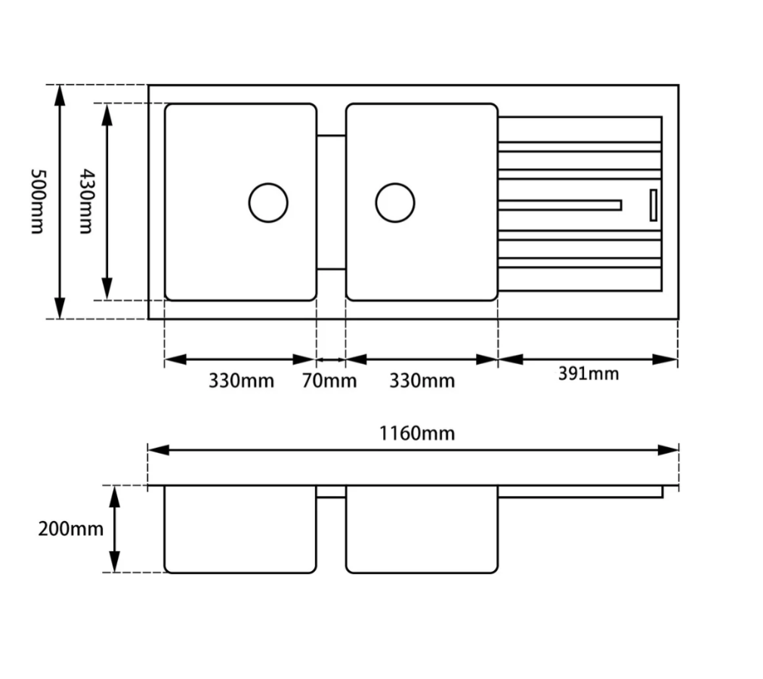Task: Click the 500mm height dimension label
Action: point(38,202)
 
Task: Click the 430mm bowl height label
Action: point(85,202)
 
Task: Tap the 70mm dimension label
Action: point(329,381)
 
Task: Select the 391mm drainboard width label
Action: point(588,374)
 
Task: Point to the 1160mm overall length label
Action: point(417,433)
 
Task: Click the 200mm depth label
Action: point(70,529)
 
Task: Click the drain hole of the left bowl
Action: point(268,203)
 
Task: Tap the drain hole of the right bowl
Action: point(395,203)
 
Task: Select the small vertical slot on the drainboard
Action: point(653,205)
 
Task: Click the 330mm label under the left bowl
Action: point(241,381)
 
